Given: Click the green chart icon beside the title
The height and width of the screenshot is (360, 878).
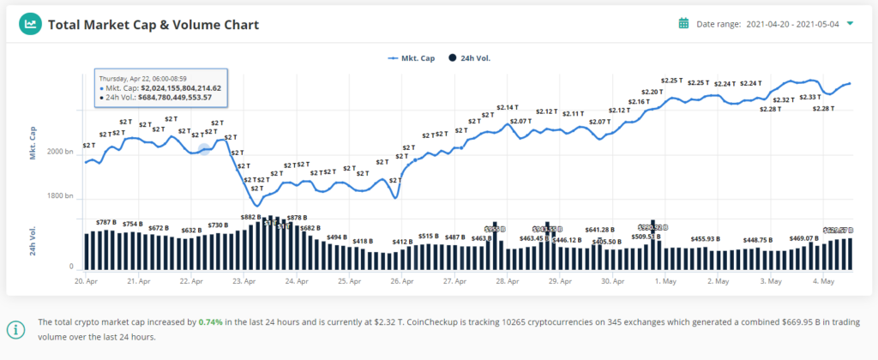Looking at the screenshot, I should (x=31, y=24).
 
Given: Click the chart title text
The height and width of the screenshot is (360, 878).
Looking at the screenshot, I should (x=153, y=25).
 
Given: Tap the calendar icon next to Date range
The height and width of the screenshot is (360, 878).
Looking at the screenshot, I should (x=684, y=24).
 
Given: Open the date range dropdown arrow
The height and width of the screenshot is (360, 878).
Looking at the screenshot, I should (x=850, y=24).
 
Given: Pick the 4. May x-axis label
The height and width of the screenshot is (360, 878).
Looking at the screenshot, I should (x=823, y=280).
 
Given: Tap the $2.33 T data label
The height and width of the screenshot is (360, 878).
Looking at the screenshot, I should (x=809, y=98).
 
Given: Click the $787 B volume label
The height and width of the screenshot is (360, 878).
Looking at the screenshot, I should (x=105, y=222).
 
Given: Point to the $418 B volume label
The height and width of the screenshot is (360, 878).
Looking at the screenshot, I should (x=363, y=241).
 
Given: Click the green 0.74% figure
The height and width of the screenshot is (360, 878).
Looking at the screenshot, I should (x=210, y=323).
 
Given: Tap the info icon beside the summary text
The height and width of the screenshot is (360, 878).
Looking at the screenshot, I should (x=16, y=329).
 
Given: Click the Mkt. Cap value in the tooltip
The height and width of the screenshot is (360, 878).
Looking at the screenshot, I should (x=176, y=88).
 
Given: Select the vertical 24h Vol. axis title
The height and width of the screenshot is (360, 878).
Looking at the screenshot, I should (x=33, y=243).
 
